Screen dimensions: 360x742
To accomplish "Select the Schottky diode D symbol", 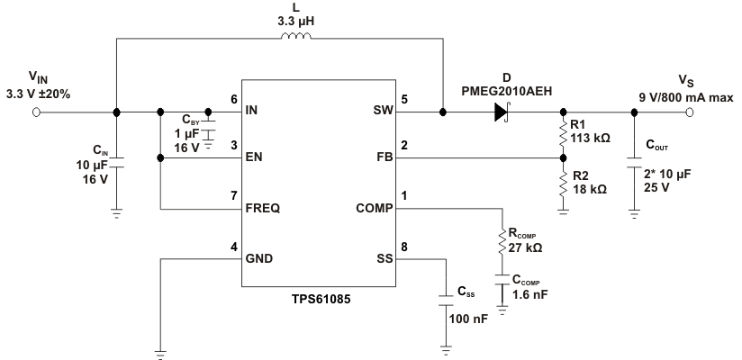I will point(502,112).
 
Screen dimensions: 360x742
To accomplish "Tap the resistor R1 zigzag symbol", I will point(564,135).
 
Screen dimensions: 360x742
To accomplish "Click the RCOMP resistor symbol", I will point(502,241).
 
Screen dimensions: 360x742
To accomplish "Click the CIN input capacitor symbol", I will point(117,162).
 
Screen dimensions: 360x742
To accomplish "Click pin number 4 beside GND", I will point(234,246).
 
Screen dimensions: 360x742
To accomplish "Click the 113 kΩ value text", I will point(592,139).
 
